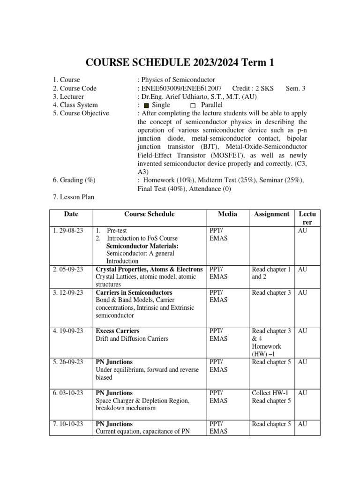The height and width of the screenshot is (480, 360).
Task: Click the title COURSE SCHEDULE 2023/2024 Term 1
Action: (x=180, y=63)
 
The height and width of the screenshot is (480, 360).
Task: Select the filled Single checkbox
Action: (x=146, y=105)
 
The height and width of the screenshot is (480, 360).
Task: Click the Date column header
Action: (x=71, y=214)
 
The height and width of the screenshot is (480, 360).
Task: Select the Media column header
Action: (x=227, y=214)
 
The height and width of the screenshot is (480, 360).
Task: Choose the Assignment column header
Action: (x=271, y=214)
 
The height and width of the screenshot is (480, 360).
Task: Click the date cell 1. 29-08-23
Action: (x=68, y=231)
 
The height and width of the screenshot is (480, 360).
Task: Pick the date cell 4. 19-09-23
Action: (x=68, y=331)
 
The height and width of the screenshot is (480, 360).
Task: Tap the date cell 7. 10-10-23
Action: (x=68, y=424)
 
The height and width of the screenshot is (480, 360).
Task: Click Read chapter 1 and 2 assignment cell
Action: (x=271, y=273)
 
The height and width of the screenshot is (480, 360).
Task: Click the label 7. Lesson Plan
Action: (x=74, y=197)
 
